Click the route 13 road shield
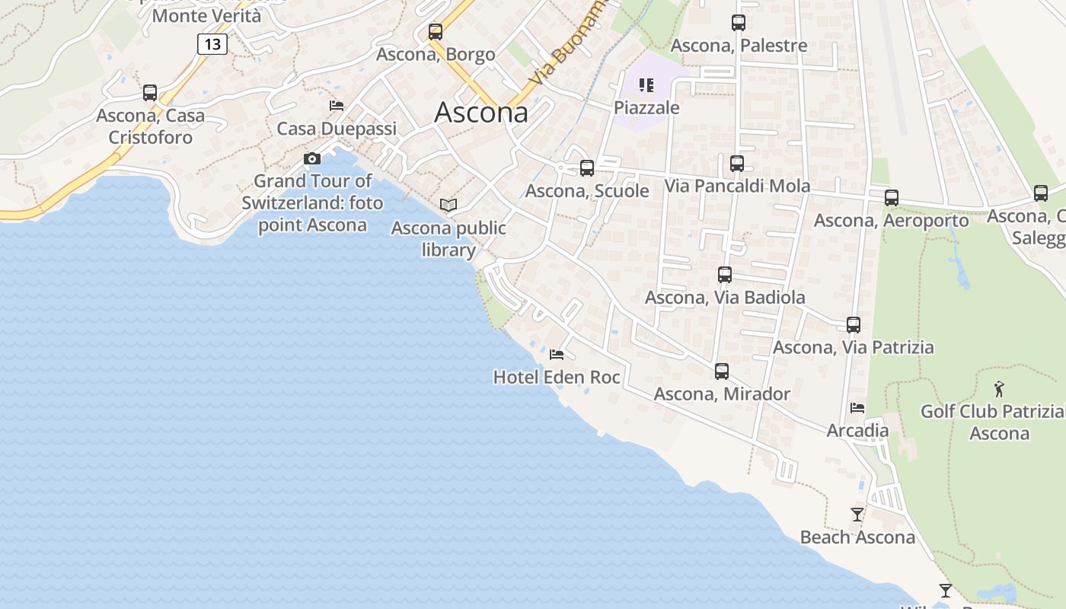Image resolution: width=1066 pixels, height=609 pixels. [212, 44]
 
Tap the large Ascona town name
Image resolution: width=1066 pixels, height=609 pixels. [481, 113]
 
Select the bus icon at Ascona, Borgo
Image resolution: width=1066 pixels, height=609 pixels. [436, 32]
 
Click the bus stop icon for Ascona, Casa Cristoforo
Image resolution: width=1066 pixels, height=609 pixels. [150, 93]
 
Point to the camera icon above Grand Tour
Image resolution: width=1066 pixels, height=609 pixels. [311, 158]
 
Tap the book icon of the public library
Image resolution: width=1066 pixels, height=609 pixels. [448, 206]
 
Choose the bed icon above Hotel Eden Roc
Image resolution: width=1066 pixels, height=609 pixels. [557, 355]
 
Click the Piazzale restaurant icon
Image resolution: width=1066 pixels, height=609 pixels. [646, 85]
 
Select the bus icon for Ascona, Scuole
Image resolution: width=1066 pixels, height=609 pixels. [587, 168]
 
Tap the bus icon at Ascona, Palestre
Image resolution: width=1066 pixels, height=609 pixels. [738, 23]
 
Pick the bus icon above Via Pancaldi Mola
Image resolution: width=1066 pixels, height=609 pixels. [736, 164]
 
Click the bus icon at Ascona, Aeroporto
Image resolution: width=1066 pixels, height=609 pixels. [892, 198]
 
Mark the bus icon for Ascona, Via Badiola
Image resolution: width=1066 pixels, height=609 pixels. [725, 275]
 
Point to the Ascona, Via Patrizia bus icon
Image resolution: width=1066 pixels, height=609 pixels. [854, 325]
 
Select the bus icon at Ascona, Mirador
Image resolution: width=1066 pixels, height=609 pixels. [722, 371]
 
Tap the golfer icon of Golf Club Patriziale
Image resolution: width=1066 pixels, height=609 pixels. [999, 390]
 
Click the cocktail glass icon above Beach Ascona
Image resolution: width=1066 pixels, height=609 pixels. [857, 515]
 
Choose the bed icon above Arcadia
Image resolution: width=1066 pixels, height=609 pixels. [857, 408]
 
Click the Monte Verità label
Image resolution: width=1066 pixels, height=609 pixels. [206, 16]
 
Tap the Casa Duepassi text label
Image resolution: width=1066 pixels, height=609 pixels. [337, 129]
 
